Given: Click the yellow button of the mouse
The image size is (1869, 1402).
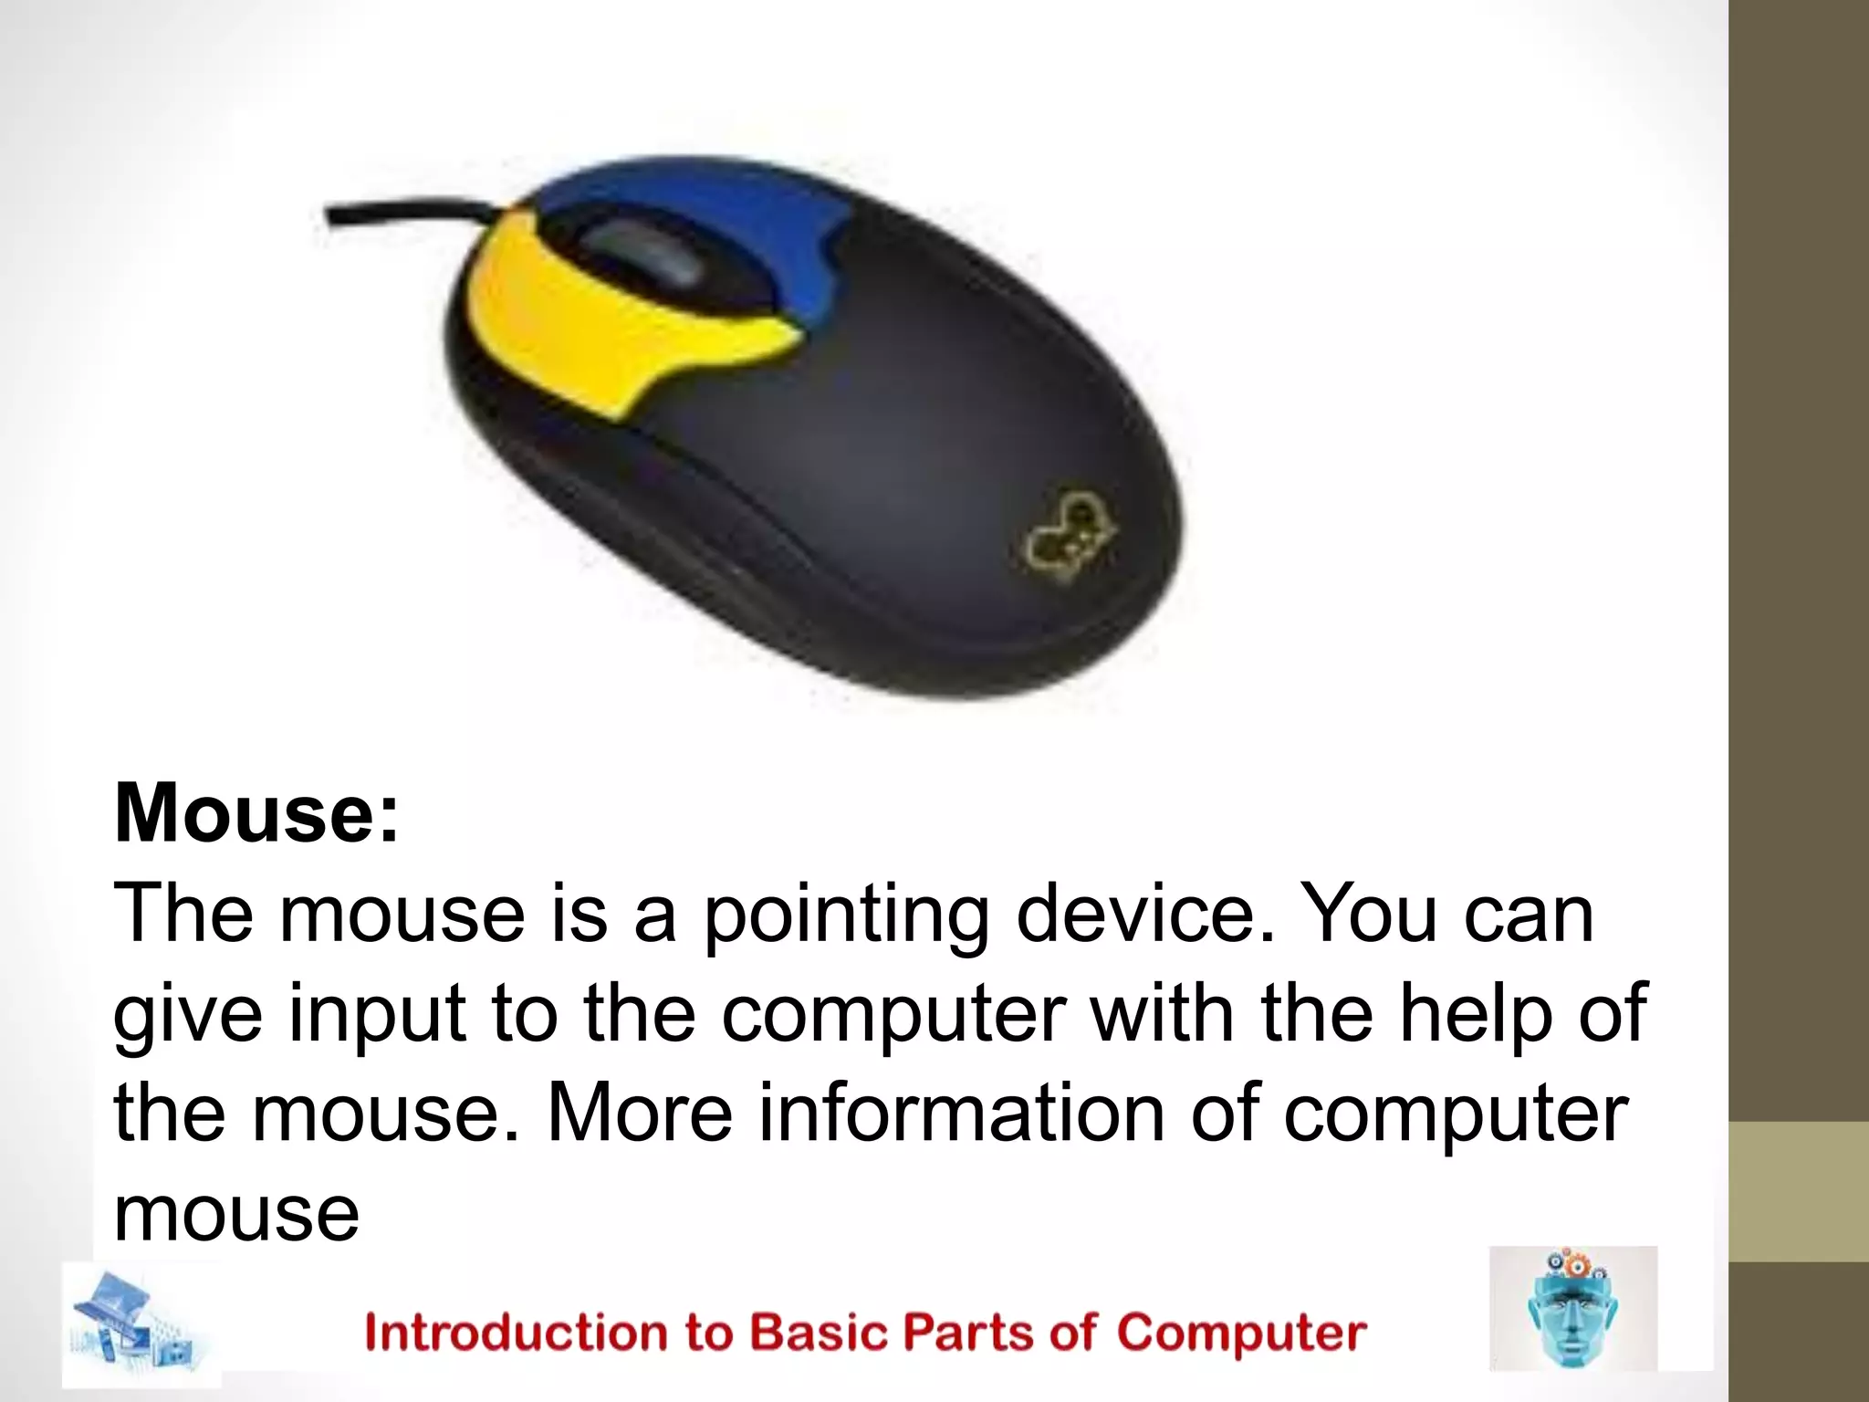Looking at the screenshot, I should tap(602, 319).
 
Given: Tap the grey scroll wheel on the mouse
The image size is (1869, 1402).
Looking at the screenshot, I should tap(643, 251).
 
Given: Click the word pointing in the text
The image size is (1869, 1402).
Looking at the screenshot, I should tap(845, 915).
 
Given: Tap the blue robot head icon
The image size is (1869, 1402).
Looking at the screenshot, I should tap(1572, 1308).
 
